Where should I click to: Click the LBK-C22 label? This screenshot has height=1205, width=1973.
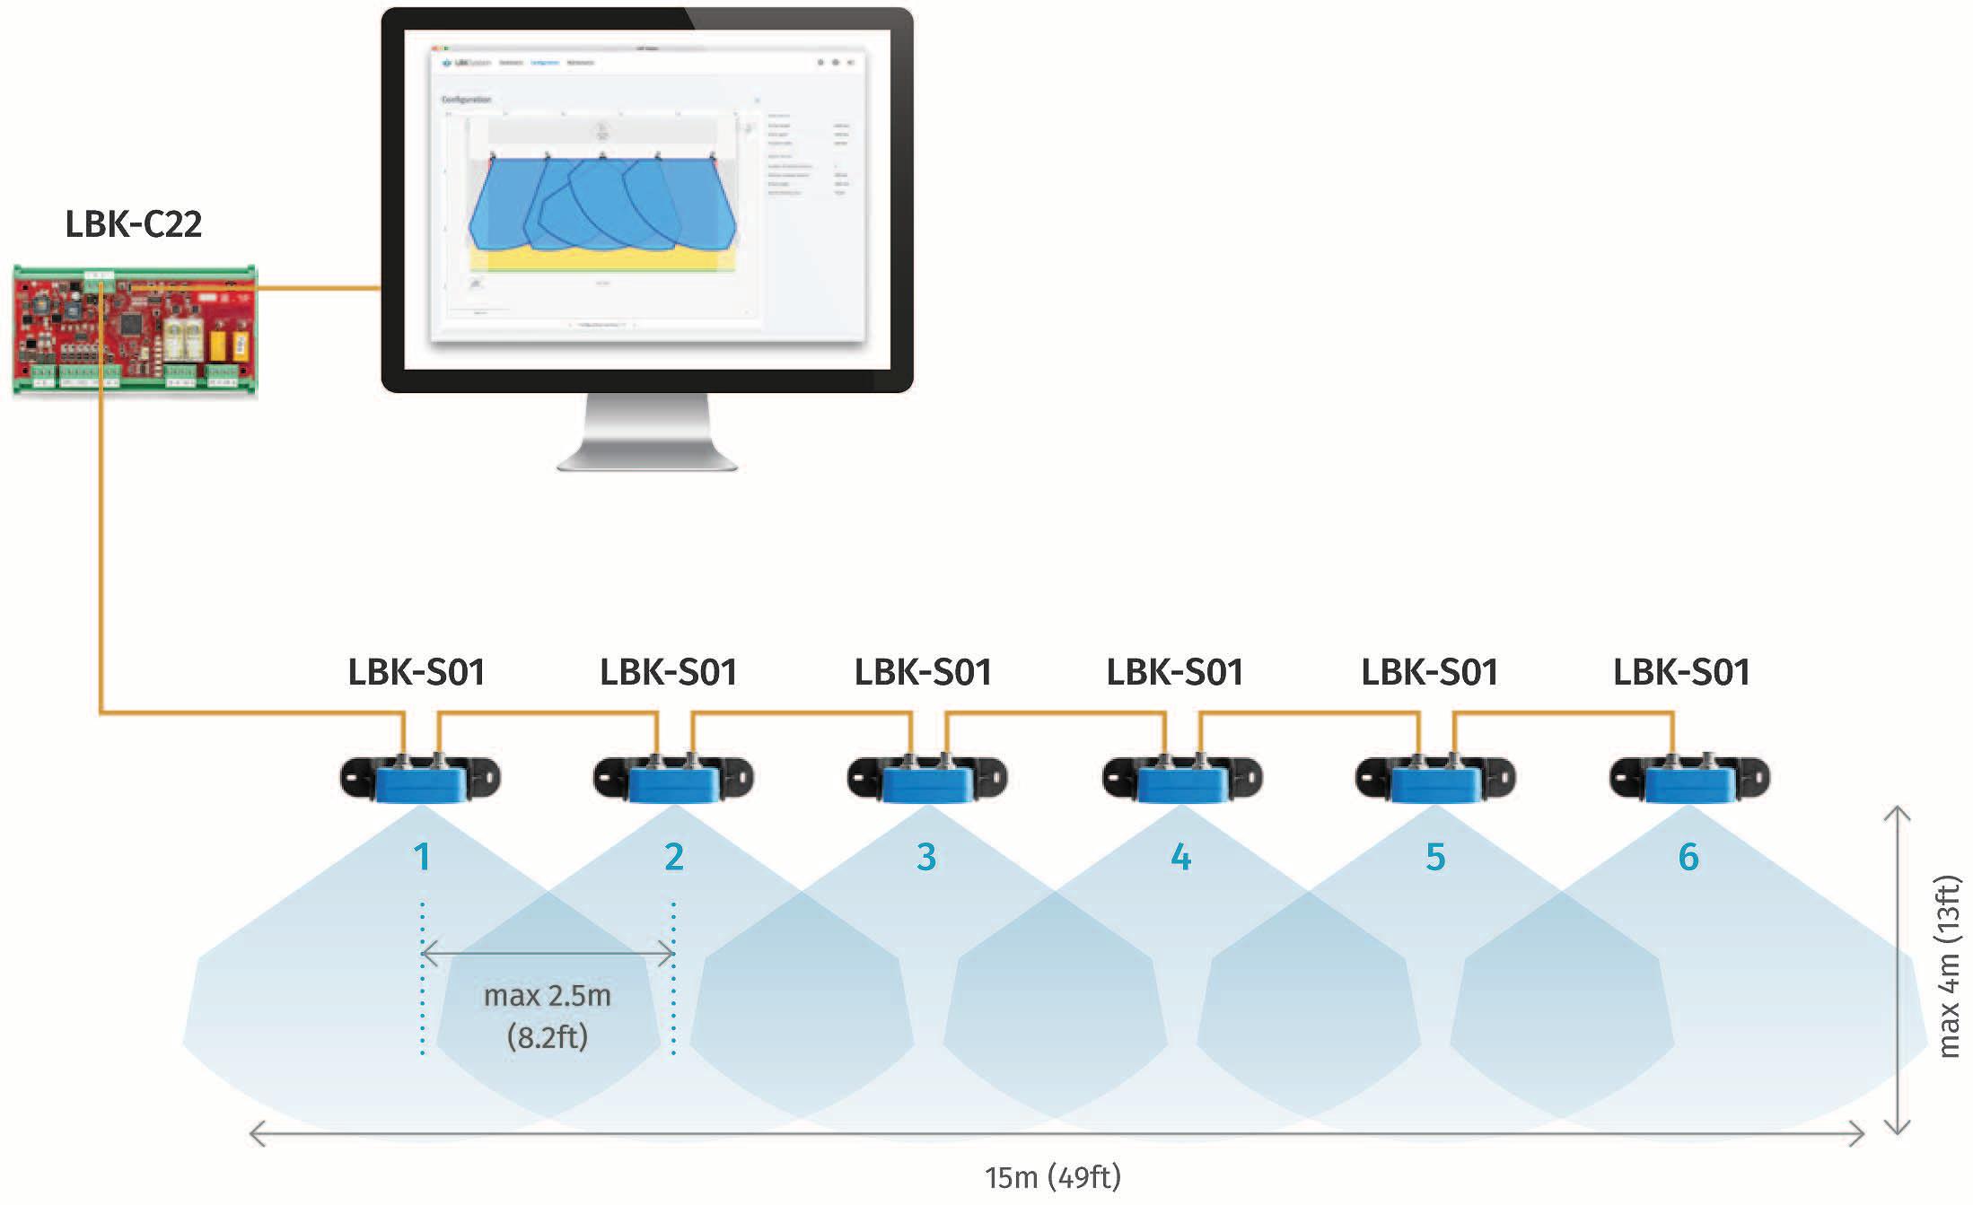133,223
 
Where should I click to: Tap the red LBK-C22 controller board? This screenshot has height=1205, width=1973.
135,329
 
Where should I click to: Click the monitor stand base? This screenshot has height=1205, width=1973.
647,460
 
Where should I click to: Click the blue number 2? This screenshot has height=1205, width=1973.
674,857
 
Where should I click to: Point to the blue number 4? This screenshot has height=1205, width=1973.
1181,857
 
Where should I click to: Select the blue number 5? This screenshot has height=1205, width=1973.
1435,857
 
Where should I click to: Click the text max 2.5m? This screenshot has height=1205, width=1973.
547,995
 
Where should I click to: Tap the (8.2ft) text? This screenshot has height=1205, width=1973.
547,1037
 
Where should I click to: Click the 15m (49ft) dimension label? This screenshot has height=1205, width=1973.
1052,1177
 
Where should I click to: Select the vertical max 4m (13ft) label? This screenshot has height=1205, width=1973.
1948,966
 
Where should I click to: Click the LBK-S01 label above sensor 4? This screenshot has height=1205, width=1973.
1174,672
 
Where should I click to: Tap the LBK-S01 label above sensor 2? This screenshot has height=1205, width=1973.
668,672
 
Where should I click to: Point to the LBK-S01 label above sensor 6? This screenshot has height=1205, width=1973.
1681,672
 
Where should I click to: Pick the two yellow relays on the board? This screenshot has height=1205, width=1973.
228,345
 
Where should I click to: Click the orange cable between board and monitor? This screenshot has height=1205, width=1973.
319,288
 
